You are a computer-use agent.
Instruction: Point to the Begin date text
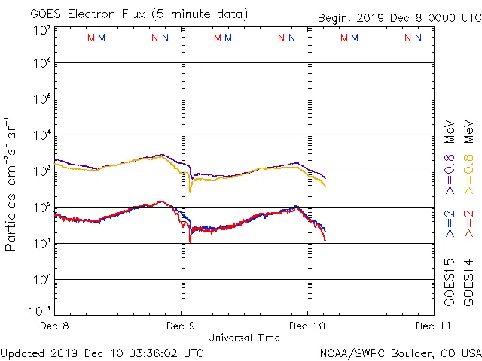pyautogui.click(x=398, y=17)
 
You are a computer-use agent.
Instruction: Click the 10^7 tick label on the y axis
pyautogui.click(x=41, y=30)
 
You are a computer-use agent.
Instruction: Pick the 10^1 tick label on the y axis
pyautogui.click(x=41, y=244)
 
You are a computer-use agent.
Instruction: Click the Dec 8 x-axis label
pyautogui.click(x=55, y=326)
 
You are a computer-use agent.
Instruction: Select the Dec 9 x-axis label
pyautogui.click(x=181, y=326)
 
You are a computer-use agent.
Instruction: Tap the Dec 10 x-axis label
pyautogui.click(x=307, y=326)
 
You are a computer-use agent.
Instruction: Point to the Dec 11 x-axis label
pyautogui.click(x=435, y=326)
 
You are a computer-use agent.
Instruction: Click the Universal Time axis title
pyautogui.click(x=244, y=338)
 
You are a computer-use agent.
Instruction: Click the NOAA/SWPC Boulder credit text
pyautogui.click(x=400, y=353)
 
